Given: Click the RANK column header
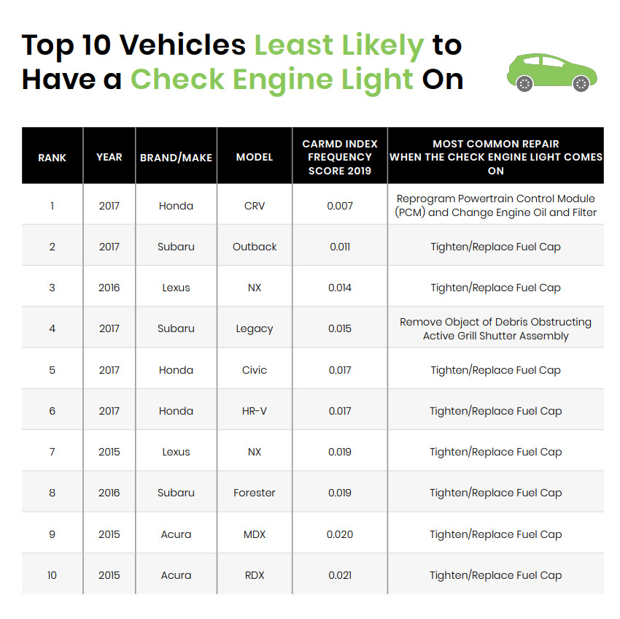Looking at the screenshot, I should click(x=52, y=157).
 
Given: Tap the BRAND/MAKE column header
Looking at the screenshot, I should click(x=176, y=157).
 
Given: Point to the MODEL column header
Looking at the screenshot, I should click(x=255, y=157).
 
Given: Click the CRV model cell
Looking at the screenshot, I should click(x=255, y=206).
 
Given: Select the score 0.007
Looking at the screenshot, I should click(x=340, y=206).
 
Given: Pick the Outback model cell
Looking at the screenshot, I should click(x=255, y=247).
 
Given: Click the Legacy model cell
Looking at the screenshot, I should click(x=255, y=328).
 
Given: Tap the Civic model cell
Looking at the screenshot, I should click(x=255, y=370).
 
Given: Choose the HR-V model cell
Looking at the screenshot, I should click(x=255, y=411).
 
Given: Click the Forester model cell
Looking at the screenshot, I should click(x=255, y=493).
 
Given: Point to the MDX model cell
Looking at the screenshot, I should click(x=255, y=534).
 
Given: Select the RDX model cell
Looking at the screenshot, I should click(x=255, y=575).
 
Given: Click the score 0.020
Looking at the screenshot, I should click(x=340, y=534).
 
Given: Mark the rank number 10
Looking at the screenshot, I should click(x=52, y=575).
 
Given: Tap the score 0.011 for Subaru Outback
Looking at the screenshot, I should click(x=340, y=247).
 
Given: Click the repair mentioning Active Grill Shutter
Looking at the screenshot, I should click(x=496, y=328).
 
